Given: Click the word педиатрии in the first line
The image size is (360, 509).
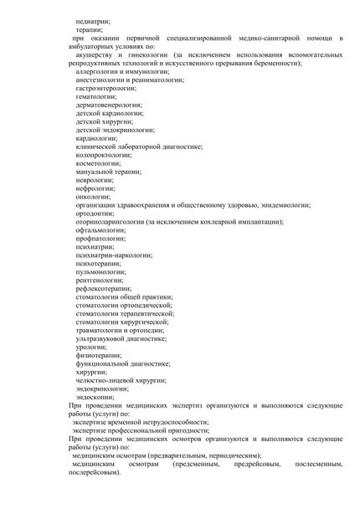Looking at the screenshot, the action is pos(93,19).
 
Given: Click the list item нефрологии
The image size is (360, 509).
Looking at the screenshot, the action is pos(95,188).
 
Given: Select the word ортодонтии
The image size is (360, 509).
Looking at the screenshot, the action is pos(94,213).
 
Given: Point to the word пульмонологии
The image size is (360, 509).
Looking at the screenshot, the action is pos(100,271).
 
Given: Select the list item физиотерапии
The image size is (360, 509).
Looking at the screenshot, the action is pos(98,355).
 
